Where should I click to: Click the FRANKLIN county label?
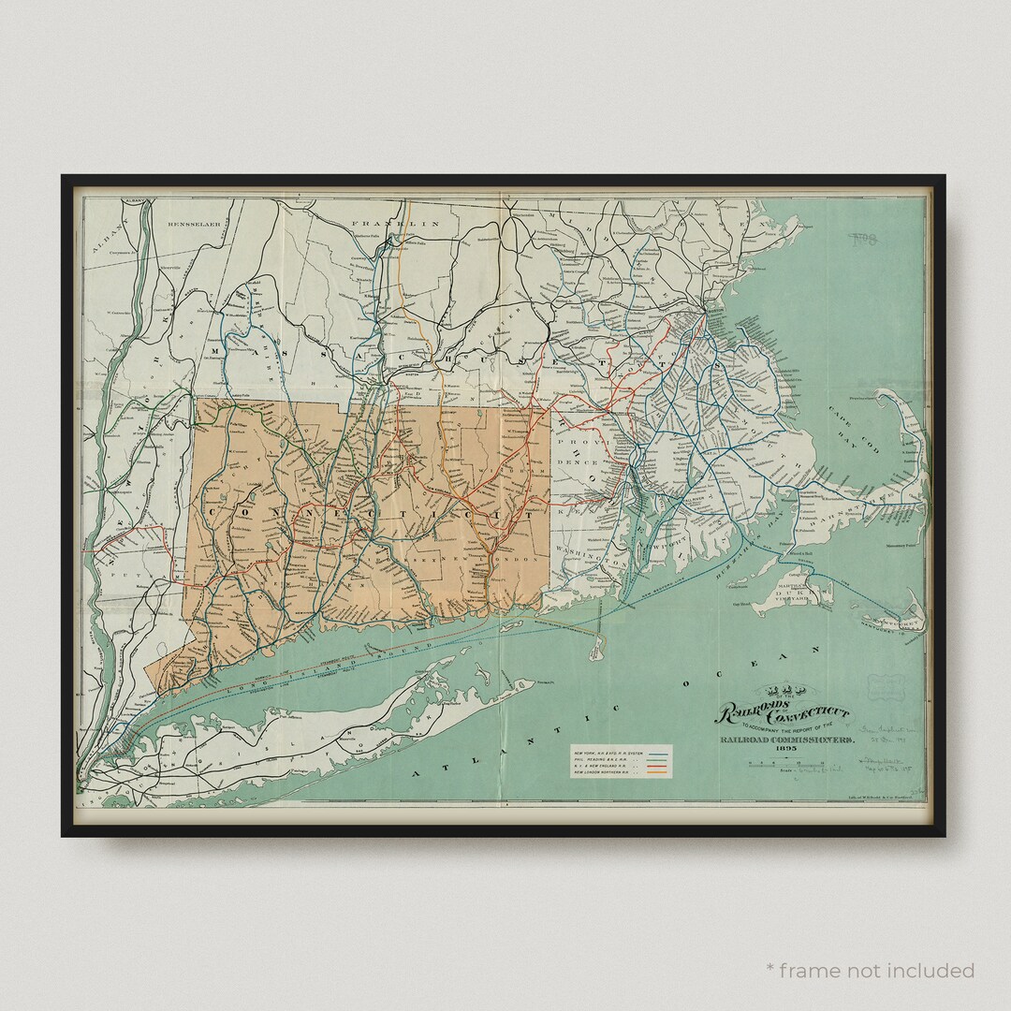395,225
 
